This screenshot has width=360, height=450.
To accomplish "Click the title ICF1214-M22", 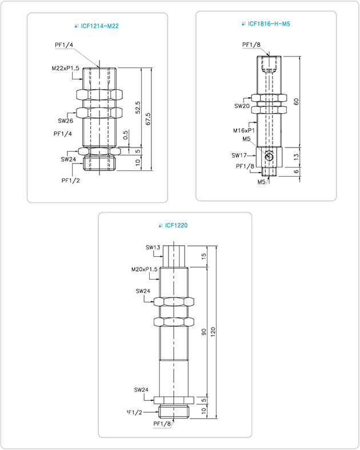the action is tap(99, 26).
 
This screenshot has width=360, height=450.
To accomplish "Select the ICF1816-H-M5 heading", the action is tap(269, 24).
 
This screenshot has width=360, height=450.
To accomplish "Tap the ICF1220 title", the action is tap(176, 225).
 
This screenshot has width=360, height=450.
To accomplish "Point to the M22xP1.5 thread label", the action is tap(65, 68).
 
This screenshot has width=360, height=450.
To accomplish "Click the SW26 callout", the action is tap(65, 121).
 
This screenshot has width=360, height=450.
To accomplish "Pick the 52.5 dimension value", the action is tap(138, 107).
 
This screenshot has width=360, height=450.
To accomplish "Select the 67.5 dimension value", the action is tap(148, 119).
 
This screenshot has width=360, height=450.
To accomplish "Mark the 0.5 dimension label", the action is tap(126, 135).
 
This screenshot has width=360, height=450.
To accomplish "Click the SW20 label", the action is tap(242, 106).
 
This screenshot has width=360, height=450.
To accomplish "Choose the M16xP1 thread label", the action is tap(244, 130).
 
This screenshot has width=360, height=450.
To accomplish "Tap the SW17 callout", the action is tap(239, 156).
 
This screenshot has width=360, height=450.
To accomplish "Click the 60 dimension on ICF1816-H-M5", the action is tap(297, 102).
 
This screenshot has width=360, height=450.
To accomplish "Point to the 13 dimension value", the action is tap(297, 157).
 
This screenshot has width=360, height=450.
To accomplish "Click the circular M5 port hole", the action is tap(269, 157).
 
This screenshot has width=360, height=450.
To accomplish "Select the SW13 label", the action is tap(153, 248).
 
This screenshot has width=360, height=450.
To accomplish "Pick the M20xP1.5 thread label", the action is tap(145, 269).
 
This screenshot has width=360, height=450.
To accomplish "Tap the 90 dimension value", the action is tap(203, 332).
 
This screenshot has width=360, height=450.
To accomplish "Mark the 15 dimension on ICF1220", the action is tap(203, 256).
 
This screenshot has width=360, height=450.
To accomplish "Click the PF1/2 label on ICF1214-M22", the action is tap(70, 181).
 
